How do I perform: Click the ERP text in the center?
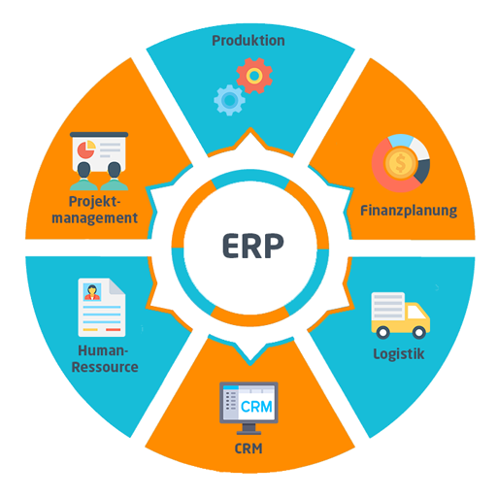coord(253,246)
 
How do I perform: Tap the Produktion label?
coord(248,41)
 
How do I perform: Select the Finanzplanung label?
coord(409,211)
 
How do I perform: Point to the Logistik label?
coord(399,354)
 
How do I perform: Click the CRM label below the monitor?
coord(248,448)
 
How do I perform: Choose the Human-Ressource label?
coord(105,359)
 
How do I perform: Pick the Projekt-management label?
coord(95,210)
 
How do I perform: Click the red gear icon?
coord(254,76)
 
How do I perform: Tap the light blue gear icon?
coord(229,100)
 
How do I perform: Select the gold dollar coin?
coord(400,163)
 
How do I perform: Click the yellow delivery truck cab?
coord(417,317)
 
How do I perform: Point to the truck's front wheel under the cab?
coord(419,332)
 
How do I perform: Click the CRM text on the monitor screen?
coord(256,407)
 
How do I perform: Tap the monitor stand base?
coord(248,432)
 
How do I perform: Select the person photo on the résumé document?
coord(92,292)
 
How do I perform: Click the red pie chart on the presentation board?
coord(85,149)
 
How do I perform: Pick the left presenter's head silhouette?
coord(83,170)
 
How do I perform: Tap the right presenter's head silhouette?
coord(115,170)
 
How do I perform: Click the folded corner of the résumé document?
coord(116,286)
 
